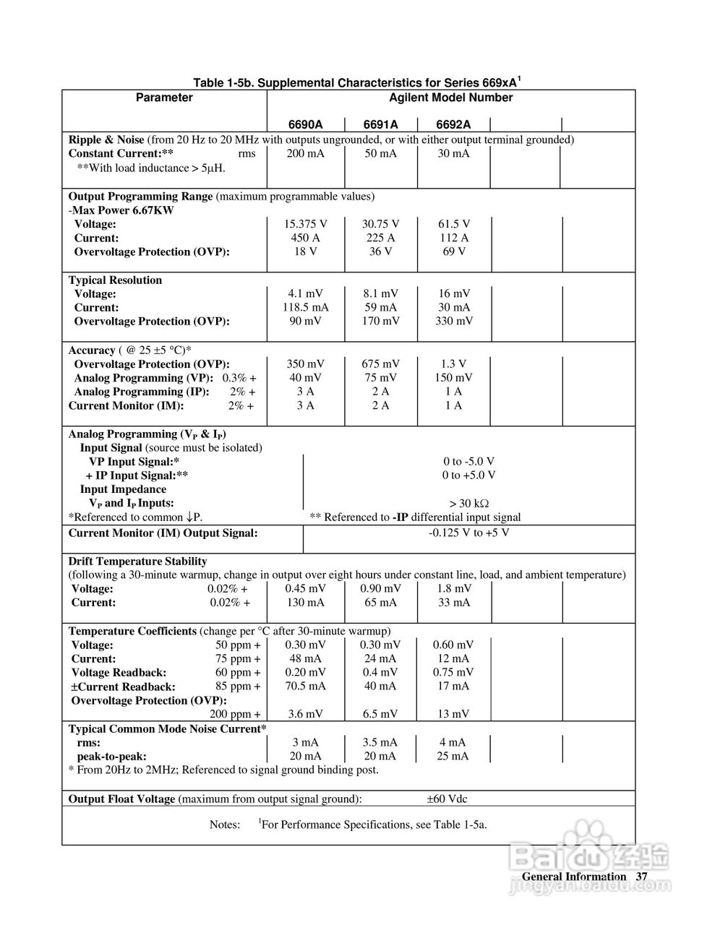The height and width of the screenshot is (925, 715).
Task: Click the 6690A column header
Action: click(x=305, y=124)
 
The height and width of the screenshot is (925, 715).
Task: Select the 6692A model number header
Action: click(x=453, y=124)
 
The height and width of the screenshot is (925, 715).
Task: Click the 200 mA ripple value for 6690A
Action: click(x=305, y=153)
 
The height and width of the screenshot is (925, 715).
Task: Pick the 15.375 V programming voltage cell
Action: click(x=305, y=224)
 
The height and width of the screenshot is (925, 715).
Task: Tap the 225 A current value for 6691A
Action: click(x=380, y=238)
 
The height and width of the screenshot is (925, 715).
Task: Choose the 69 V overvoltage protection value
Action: click(x=454, y=251)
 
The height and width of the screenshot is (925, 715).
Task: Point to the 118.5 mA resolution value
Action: click(x=305, y=308)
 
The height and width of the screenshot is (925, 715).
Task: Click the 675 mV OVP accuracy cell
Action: click(x=380, y=364)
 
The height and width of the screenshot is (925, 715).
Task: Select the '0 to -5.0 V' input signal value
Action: click(x=468, y=462)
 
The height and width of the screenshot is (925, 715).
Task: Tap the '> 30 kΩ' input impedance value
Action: click(x=468, y=504)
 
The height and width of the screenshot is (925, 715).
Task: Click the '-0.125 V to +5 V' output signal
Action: click(x=468, y=533)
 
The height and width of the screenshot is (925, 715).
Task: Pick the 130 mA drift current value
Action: click(x=305, y=603)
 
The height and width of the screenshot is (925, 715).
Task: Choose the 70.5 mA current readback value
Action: click(x=305, y=687)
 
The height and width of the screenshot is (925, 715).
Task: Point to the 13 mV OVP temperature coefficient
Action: click(x=453, y=714)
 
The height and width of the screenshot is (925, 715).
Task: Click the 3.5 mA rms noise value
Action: click(x=380, y=742)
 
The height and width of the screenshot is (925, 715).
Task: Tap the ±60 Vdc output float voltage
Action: click(x=447, y=799)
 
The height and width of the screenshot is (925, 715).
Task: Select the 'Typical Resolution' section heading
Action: click(x=115, y=280)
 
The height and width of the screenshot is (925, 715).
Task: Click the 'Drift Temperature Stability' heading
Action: click(x=137, y=562)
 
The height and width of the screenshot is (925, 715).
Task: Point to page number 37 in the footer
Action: click(x=641, y=877)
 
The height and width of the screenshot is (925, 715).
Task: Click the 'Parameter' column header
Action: click(x=164, y=98)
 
